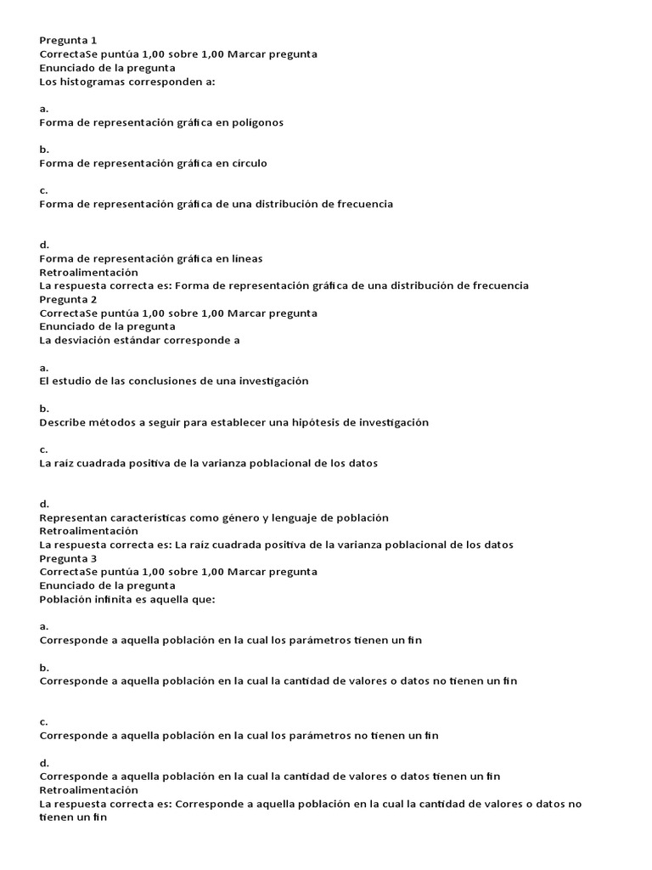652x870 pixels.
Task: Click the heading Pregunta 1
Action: (x=68, y=40)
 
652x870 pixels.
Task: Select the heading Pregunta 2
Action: (x=68, y=299)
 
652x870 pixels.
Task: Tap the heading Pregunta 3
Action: (x=68, y=558)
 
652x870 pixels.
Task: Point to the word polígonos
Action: (x=256, y=122)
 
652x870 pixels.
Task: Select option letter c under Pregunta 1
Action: (x=43, y=190)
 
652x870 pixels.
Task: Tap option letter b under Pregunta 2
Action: (x=44, y=408)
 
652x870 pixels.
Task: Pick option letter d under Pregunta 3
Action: (x=44, y=762)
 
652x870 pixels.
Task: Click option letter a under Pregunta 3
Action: (x=44, y=626)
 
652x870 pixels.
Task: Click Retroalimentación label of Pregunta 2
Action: (x=88, y=531)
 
